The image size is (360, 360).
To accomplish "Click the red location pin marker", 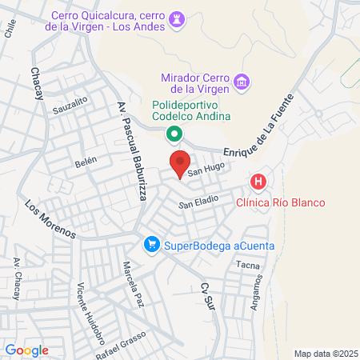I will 180,162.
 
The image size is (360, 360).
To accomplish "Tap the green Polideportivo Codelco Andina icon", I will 172,134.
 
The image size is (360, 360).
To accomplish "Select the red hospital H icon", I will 258,182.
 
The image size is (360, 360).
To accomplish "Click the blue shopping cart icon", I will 150,245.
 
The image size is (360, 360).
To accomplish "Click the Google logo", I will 26,350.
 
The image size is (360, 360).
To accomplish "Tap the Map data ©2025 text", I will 326,353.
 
